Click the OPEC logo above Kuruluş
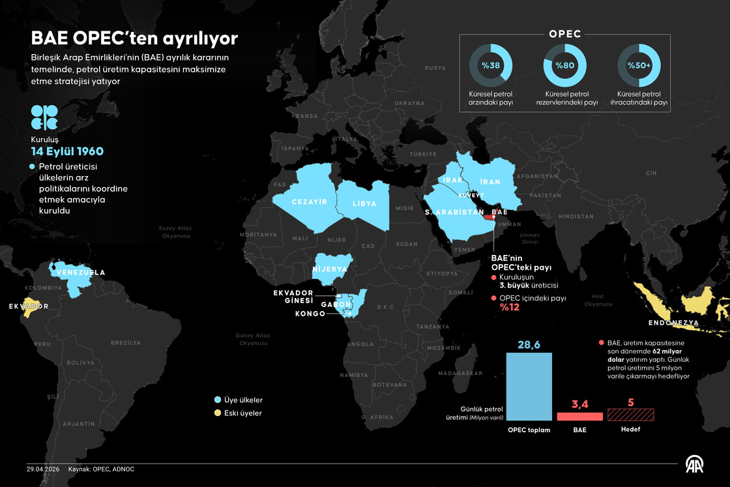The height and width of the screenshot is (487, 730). click(x=44, y=117)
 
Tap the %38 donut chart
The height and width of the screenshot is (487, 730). click(x=490, y=65)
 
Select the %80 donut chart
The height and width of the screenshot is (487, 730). click(x=564, y=65)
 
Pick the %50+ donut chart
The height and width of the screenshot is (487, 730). click(x=639, y=65)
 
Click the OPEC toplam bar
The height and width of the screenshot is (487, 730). click(x=529, y=387)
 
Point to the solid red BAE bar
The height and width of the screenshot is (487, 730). click(x=579, y=416)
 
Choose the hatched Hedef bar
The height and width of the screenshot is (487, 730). click(x=630, y=414)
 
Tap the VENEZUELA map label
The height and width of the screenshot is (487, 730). click(x=80, y=273)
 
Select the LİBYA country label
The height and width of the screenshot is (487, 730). click(x=364, y=203)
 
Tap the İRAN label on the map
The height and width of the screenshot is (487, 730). click(x=489, y=182)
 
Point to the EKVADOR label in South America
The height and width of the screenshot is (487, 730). click(x=28, y=306)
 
